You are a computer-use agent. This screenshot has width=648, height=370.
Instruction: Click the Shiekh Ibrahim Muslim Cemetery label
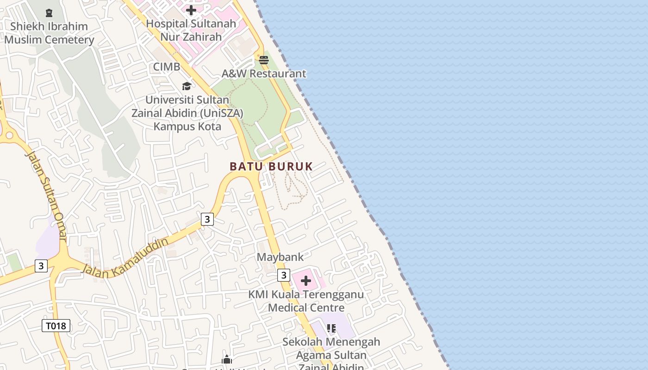[x=49, y=33]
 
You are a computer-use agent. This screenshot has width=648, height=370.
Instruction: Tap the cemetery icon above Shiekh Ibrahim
[x=49, y=12]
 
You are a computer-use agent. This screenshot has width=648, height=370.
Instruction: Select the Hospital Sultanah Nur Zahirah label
[x=191, y=30]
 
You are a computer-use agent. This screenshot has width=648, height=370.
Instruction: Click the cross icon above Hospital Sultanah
[x=191, y=10]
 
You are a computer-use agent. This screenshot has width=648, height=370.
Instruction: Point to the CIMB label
[x=167, y=67]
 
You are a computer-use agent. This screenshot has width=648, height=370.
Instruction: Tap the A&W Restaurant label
[x=264, y=74]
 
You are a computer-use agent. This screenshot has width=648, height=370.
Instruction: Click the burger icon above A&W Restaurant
[x=264, y=60]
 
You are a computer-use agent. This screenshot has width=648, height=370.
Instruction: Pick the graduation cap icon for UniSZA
[x=187, y=86]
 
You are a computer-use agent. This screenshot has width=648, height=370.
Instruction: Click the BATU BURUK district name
[x=271, y=166]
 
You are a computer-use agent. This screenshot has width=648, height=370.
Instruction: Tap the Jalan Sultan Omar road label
[x=46, y=197]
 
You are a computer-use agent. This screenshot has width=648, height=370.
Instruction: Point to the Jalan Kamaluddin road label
[x=125, y=258]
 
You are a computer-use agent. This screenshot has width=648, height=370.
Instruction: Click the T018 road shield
[x=56, y=326]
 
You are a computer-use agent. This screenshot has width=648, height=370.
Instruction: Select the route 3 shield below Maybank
[x=284, y=275]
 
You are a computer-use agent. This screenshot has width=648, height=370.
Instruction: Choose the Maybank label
[x=280, y=257]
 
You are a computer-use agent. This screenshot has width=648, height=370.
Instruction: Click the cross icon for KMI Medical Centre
[x=306, y=281]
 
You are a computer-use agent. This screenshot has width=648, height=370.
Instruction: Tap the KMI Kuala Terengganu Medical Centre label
[x=306, y=301]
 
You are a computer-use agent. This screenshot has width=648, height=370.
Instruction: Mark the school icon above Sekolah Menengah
[x=331, y=328]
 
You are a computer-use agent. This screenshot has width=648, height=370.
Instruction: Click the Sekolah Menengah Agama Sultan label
[x=331, y=349]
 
